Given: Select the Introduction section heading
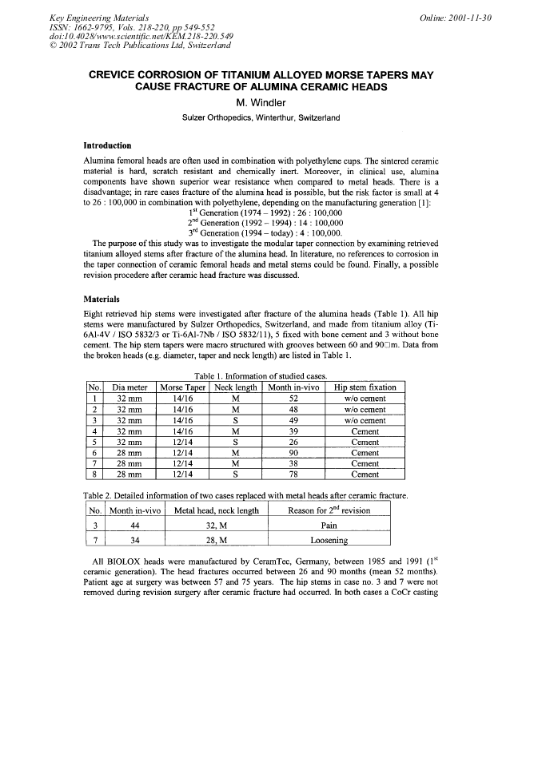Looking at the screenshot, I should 108,146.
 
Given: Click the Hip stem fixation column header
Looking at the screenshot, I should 365,387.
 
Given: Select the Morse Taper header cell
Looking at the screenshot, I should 183,387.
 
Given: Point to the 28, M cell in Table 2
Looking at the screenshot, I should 215,541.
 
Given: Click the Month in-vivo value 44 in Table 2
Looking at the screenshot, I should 134,526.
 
